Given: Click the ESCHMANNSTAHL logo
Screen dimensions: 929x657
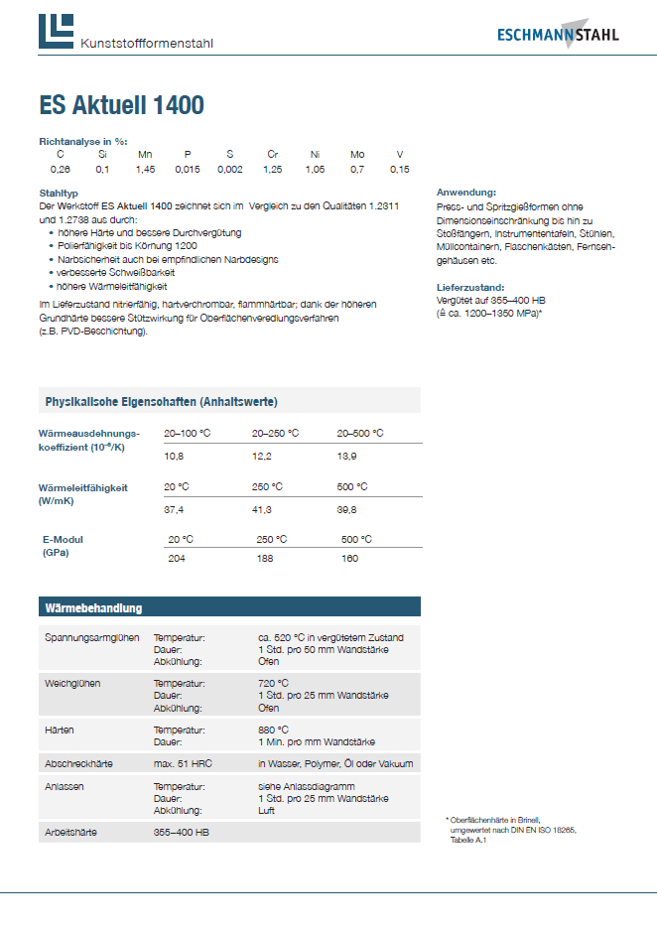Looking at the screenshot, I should click(558, 34).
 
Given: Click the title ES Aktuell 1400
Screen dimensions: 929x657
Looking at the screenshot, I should click(122, 105).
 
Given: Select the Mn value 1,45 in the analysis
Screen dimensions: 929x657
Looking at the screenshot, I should click(145, 170).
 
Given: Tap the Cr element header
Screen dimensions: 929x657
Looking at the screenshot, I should click(273, 155).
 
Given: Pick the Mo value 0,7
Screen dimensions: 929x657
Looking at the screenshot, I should click(357, 170).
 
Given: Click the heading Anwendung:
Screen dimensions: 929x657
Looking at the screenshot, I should click(466, 192).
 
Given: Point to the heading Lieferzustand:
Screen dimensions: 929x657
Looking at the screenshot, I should click(470, 287).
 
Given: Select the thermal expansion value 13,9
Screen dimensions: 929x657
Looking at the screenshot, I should click(348, 455).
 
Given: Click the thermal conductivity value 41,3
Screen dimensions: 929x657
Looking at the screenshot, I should click(263, 508).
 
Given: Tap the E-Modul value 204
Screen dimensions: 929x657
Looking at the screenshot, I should click(177, 559).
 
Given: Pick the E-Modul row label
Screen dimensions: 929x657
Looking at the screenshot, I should click(63, 539).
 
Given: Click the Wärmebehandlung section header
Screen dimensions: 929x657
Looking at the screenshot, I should click(94, 607).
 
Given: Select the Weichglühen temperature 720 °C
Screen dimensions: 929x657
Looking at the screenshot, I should click(273, 684).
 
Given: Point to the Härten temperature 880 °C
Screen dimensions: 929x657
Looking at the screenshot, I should click(273, 730).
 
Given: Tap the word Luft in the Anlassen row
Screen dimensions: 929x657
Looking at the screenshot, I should click(266, 810).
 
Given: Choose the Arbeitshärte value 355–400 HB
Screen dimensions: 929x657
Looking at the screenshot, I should click(182, 832).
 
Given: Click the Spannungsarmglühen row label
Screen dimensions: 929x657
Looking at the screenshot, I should click(92, 637).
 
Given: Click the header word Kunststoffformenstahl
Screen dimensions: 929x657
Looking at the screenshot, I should click(147, 44).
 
